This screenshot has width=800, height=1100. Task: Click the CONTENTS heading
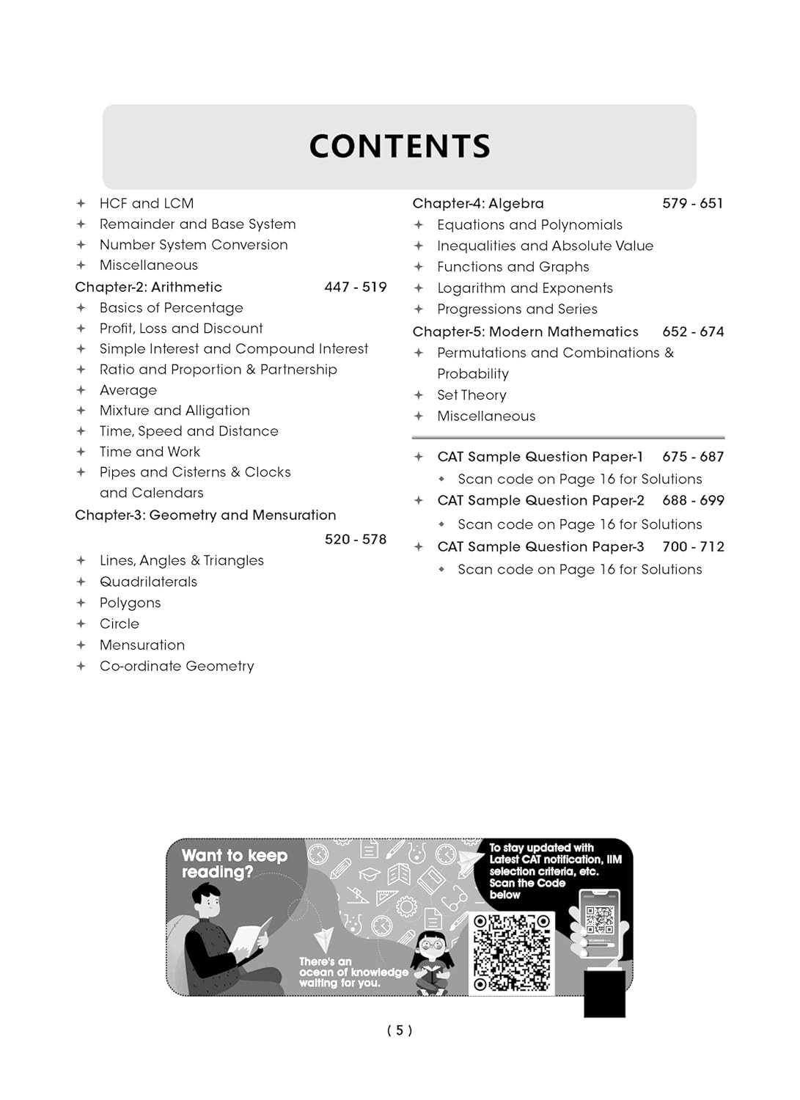[x=400, y=147]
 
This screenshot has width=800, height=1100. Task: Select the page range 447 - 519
[x=355, y=287]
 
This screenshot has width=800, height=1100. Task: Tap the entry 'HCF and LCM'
[x=147, y=203]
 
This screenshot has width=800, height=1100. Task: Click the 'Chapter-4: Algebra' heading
[x=478, y=203]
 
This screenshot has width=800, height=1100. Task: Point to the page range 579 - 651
[x=692, y=203]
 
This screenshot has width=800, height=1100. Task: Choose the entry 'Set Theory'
[x=471, y=395]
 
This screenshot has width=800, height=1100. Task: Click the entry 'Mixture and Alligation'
[x=175, y=411]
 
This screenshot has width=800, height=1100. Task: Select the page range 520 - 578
[x=355, y=539]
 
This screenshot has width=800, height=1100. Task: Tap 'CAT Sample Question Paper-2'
[x=540, y=501]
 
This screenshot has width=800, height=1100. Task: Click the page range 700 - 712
[x=692, y=546]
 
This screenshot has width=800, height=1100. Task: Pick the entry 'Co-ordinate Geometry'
[x=177, y=666]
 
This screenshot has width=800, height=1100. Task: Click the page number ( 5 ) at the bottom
[x=400, y=1030]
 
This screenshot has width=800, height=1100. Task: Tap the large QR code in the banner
[x=511, y=953]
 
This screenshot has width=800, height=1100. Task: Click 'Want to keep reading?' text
[x=234, y=863]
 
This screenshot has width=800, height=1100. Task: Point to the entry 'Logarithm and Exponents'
[x=524, y=288]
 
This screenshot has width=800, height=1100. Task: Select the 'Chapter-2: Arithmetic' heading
[x=148, y=287]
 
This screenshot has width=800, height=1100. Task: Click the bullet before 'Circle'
[x=81, y=624]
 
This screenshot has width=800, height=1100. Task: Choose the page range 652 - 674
[x=692, y=331]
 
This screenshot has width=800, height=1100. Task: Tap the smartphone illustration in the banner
[x=600, y=924]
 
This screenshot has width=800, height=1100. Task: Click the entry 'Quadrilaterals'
[x=148, y=582]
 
